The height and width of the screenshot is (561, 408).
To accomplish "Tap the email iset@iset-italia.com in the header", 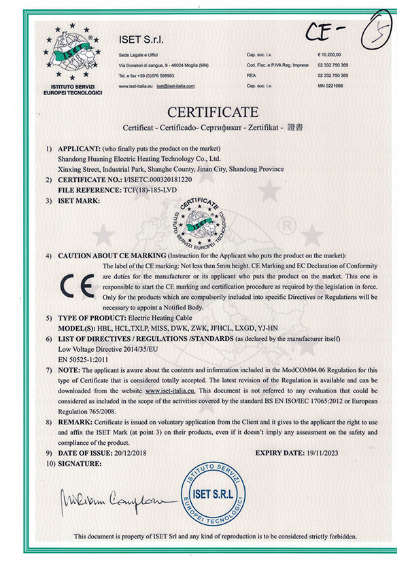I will pyautogui.click(x=175, y=86).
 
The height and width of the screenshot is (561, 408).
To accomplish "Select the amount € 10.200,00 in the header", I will pyautogui.click(x=328, y=53).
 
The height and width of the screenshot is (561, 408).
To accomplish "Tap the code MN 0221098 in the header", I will pyautogui.click(x=330, y=86).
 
